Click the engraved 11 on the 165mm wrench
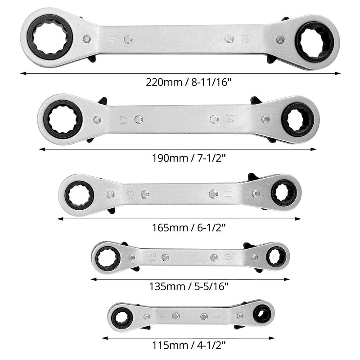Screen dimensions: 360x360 [228, 194]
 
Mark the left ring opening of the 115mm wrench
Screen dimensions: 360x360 [122, 317]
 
